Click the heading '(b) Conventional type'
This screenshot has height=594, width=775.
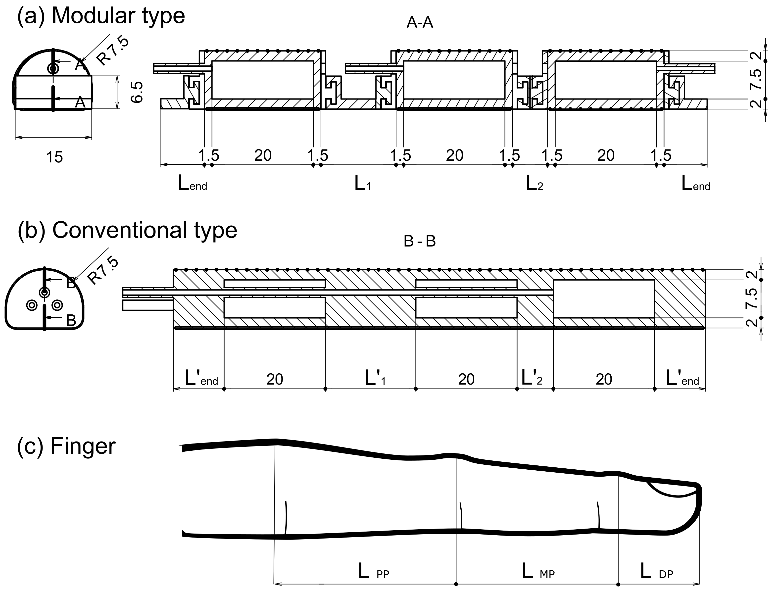[x=127, y=231]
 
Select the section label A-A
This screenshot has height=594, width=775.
[x=420, y=23]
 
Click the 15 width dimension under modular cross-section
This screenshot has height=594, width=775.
[x=54, y=157]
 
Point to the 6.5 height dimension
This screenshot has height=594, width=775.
[x=137, y=92]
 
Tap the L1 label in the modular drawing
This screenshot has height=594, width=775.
[x=362, y=184]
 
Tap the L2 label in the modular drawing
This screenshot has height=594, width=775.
[x=534, y=184]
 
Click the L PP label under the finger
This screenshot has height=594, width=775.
[x=373, y=572]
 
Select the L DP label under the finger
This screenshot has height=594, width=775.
[x=656, y=572]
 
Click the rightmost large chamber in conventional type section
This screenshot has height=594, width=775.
[x=604, y=299]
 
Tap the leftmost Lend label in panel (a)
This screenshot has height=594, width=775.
[x=192, y=184]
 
